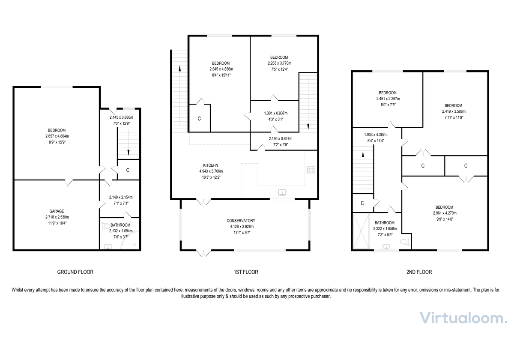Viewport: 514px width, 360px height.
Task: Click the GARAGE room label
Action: [x=56, y=211]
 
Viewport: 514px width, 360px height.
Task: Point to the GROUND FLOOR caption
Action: [x=75, y=272]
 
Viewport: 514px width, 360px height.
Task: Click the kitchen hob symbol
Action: [x=311, y=170]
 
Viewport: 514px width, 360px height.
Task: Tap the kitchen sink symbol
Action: [x=282, y=192]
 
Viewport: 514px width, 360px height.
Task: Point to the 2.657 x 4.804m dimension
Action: [x=56, y=136]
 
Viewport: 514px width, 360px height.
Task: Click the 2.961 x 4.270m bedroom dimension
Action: [x=443, y=213]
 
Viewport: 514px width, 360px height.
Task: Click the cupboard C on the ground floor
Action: [x=128, y=170]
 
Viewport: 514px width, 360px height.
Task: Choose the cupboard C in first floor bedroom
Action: [x=199, y=118]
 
